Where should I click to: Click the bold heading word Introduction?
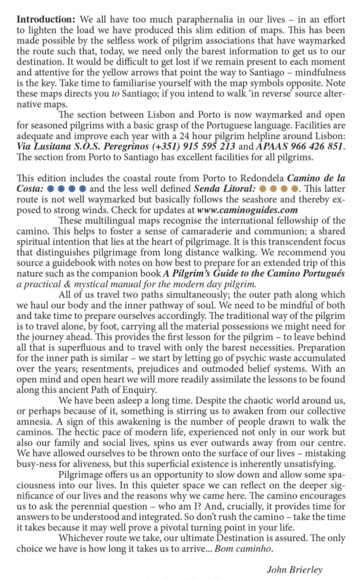pos(46,19)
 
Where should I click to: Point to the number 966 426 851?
pos(315,146)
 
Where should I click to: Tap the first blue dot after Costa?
pos(50,189)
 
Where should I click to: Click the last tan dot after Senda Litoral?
pos(295,189)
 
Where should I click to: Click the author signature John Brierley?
pos(295,570)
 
